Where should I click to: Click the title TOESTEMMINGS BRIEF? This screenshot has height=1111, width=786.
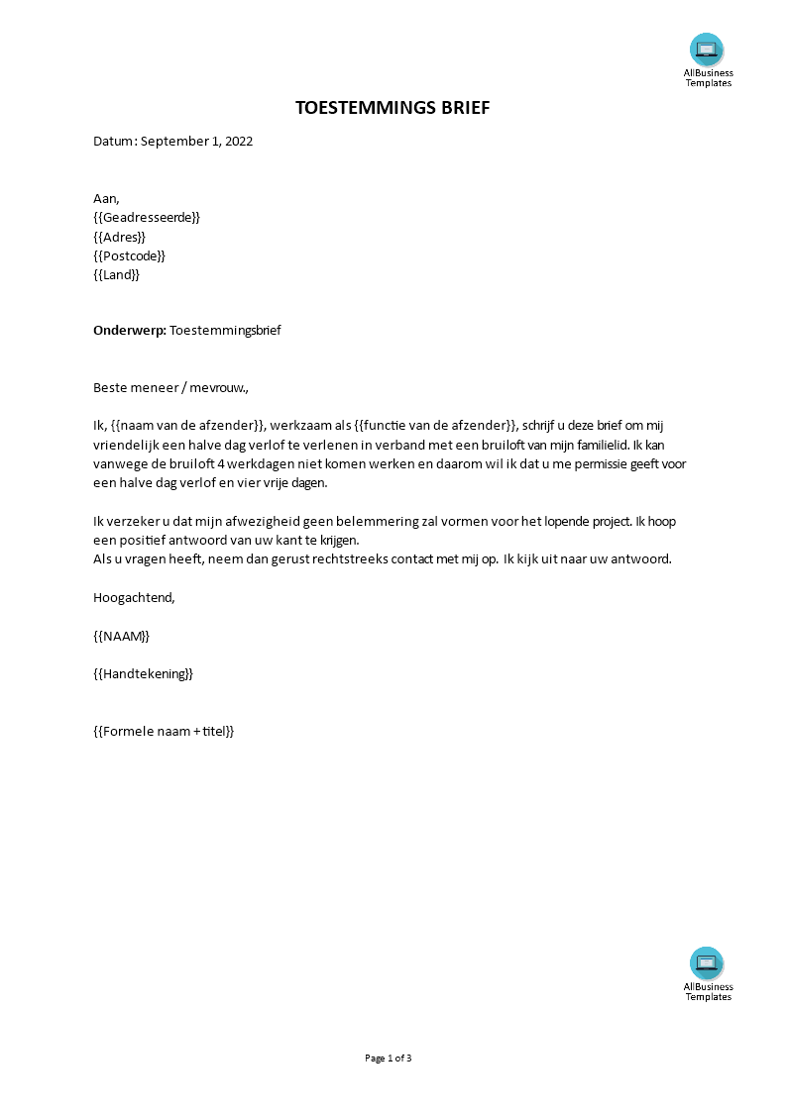pos(393,108)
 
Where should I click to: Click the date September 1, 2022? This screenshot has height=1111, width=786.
pos(196,142)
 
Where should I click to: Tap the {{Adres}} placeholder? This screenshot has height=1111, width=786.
pos(119,237)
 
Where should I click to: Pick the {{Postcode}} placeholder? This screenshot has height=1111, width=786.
pos(129,255)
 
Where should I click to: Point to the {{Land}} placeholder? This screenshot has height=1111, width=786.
pos(116,275)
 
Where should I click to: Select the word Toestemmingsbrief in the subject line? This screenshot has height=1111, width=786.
pos(225,331)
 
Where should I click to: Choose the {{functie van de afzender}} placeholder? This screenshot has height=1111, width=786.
pos(435,426)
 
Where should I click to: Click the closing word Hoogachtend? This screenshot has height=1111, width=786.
pos(133,597)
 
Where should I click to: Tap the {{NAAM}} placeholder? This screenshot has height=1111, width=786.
pos(121,636)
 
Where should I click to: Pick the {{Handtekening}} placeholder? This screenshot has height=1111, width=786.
pos(143,674)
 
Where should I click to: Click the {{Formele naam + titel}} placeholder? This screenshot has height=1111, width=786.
pos(164,732)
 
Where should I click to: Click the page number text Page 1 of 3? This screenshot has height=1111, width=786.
pos(389,1059)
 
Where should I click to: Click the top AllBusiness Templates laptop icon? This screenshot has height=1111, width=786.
pos(707,50)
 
